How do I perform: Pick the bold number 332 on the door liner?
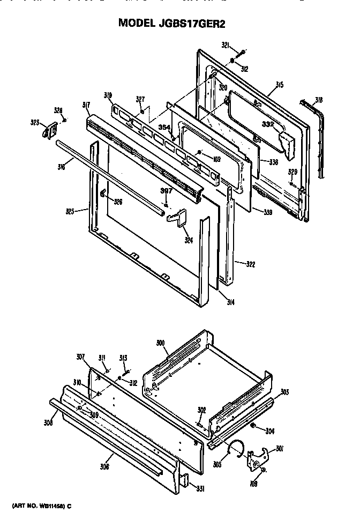(268, 124)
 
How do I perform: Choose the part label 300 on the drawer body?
(160, 342)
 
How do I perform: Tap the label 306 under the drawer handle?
(104, 466)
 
